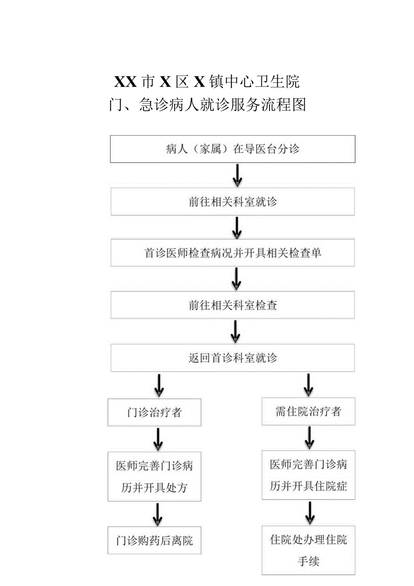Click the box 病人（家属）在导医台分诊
coord(233,149)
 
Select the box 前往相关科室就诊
coord(233,201)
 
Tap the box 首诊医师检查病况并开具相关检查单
coord(233,253)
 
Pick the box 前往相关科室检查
coord(233,305)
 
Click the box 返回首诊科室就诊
coord(233,358)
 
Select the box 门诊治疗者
coord(154,412)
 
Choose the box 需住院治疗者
coord(308,411)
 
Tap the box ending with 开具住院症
coord(308,475)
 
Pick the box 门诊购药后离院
coord(154,540)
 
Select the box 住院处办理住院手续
coord(308,550)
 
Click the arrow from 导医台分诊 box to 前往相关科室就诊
coord(237,175)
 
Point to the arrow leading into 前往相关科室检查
coord(236,279)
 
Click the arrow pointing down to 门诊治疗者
coord(158,385)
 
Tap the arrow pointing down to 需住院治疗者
coord(308,384)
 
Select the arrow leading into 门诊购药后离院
coord(157,514)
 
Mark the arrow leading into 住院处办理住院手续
coord(309,513)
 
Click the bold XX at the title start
coord(126,82)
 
